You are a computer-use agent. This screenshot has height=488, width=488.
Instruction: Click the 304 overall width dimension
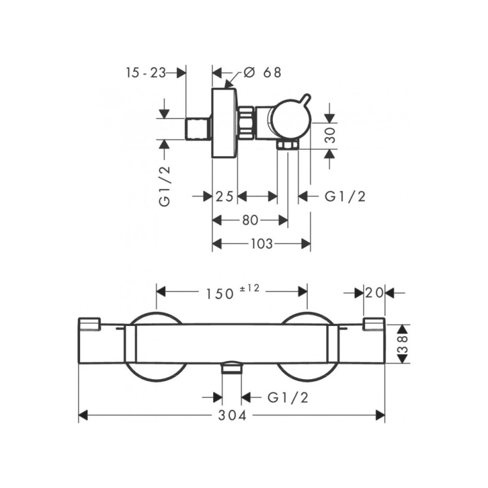[x=232, y=416]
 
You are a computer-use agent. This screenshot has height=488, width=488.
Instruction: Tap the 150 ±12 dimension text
[x=232, y=293]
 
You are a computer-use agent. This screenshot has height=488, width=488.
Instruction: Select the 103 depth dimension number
[x=261, y=244]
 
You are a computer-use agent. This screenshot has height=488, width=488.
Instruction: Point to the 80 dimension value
[x=250, y=220]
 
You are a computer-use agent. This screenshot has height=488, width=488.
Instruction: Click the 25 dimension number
[x=224, y=197]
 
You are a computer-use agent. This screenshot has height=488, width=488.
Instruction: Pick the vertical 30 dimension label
[x=330, y=134]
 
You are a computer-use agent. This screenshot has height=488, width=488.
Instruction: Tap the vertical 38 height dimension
[x=403, y=344]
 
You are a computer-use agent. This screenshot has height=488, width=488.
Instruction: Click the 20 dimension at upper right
[x=374, y=293]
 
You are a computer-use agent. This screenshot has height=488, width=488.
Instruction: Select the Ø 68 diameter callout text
[x=263, y=72]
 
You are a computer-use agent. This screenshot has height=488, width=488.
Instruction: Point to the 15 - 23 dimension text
[x=145, y=73]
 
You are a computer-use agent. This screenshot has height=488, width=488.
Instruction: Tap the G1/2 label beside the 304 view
[x=288, y=398]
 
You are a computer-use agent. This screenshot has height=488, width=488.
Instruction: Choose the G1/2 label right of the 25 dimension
[x=345, y=197]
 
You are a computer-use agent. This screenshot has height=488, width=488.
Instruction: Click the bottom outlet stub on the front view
[x=232, y=368]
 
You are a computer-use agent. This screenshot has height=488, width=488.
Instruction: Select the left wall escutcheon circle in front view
[x=156, y=346]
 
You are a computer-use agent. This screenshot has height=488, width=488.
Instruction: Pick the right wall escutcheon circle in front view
[x=307, y=346]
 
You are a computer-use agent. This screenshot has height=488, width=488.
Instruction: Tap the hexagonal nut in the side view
[x=247, y=123]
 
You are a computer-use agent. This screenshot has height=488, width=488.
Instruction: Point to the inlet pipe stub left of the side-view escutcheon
[x=198, y=129]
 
